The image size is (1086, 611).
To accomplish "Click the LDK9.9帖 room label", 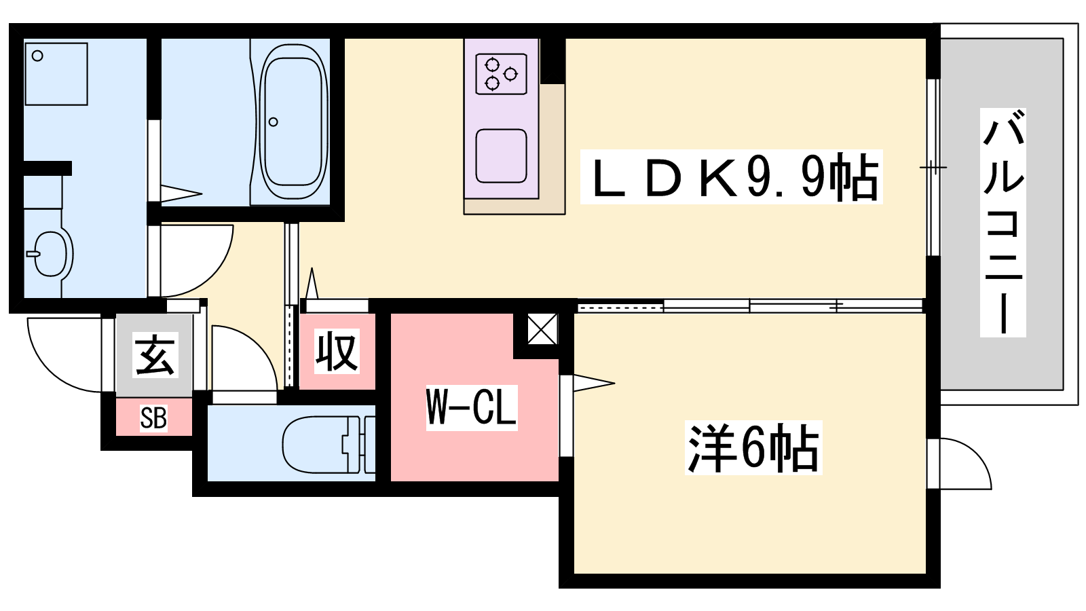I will point(732,177).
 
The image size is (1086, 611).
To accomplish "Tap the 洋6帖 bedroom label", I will point(753,448).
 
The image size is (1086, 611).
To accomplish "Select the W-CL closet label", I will point(472,407).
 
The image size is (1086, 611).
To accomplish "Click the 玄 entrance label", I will point(155,355).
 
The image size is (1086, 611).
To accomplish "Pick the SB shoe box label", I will point(153,418).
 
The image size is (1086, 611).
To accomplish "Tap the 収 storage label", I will point(337,351).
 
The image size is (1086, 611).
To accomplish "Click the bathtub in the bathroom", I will point(293,122).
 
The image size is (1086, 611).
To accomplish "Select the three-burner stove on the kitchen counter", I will point(502,74).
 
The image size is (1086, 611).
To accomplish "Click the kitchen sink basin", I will point(502,156).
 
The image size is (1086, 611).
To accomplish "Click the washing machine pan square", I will point(56,74).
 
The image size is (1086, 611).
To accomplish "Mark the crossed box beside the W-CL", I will point(542,330).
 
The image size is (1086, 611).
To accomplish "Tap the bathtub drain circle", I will point(274,122).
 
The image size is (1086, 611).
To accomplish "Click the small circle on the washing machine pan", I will point(38,56).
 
